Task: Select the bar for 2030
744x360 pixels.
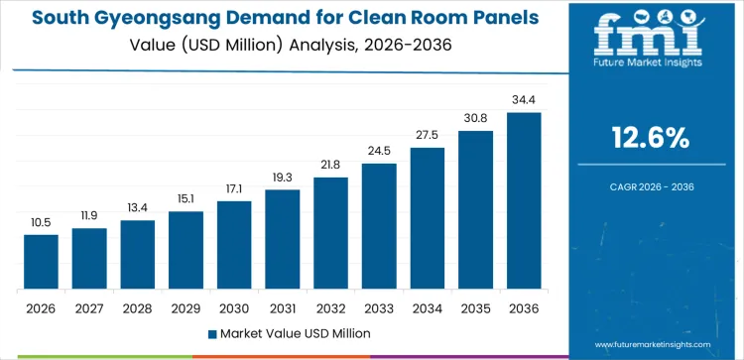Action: click(x=234, y=245)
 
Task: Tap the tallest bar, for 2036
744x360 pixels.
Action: click(x=524, y=200)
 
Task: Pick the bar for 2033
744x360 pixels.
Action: click(x=379, y=226)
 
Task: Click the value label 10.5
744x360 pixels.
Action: click(x=41, y=223)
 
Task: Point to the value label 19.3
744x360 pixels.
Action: click(x=283, y=178)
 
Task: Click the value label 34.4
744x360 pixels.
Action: click(x=524, y=100)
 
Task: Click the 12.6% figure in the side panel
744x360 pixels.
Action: click(x=651, y=139)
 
